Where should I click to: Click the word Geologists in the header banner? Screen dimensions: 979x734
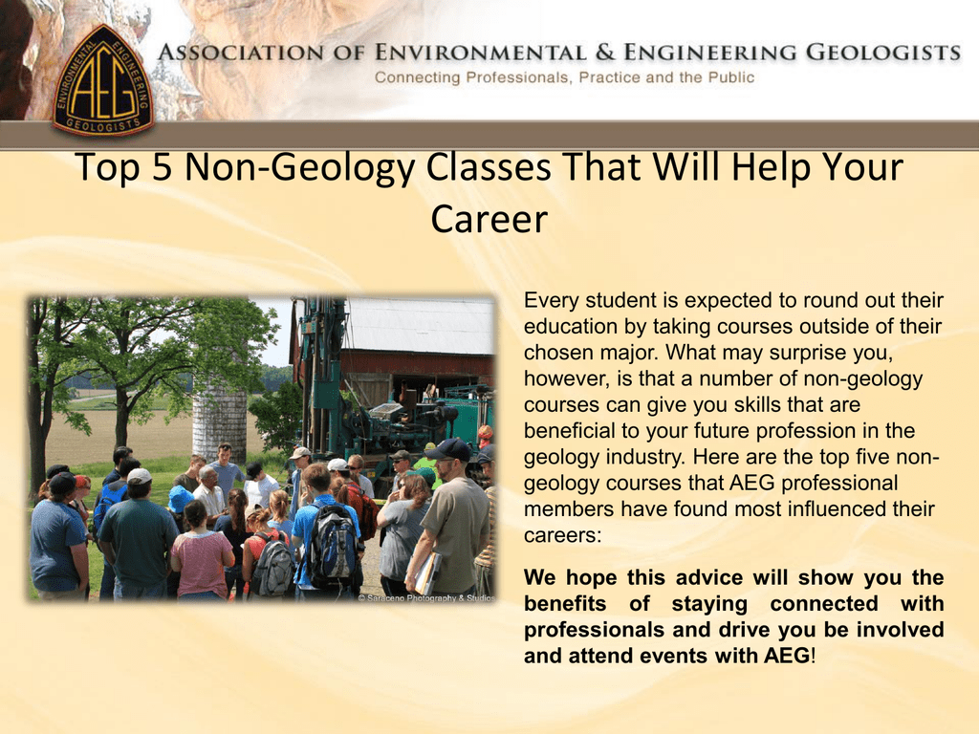click(x=883, y=53)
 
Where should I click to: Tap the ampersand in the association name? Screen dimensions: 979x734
click(x=604, y=53)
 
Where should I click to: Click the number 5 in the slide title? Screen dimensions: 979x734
click(x=161, y=167)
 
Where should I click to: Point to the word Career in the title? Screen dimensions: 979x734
click(x=489, y=219)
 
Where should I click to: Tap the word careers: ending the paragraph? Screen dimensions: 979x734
click(x=562, y=535)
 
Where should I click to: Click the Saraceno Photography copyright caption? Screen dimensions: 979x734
click(x=425, y=598)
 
